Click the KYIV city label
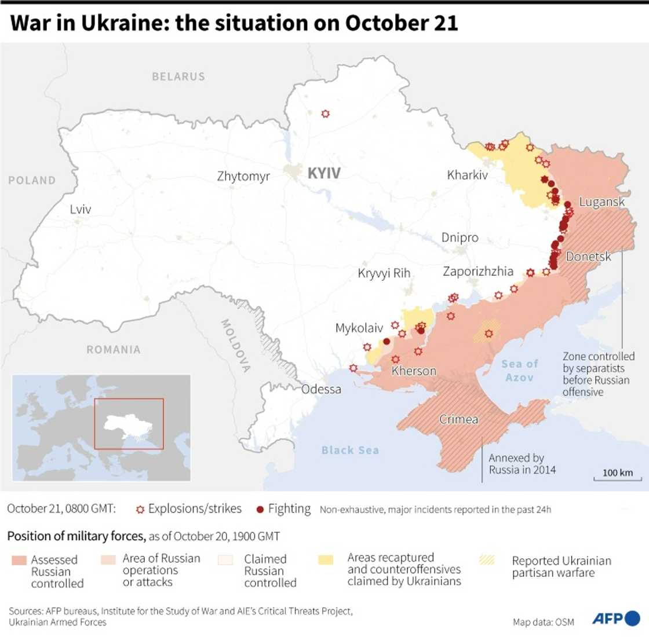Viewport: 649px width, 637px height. pos(323,173)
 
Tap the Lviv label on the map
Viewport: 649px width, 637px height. pos(80,209)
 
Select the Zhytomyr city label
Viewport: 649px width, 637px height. pos(243,176)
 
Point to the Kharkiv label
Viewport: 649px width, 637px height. pos(467,174)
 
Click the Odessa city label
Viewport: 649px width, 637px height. pos(321,389)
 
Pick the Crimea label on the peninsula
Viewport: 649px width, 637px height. pos(458,419)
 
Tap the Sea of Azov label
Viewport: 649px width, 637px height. pos(520,371)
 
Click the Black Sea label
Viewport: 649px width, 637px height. pos(350,450)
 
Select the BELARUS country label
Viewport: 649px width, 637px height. pos(178,76)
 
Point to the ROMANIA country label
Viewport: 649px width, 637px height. pos(114,349)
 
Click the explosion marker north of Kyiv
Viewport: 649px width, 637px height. pos(326,114)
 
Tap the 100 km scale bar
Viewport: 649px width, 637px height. pos(618,477)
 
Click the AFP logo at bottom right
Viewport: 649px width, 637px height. pos(615,618)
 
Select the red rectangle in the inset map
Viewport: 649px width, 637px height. pos(129,423)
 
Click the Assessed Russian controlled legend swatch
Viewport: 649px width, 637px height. pos(19,561)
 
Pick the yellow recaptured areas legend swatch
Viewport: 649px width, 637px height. pos(326,560)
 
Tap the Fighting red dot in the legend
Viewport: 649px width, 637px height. pos(260,510)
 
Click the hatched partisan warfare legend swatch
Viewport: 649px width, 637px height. pos(487,560)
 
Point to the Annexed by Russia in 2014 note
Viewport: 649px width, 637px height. pos(522,464)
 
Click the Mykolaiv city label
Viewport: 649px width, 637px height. pos(359,328)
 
